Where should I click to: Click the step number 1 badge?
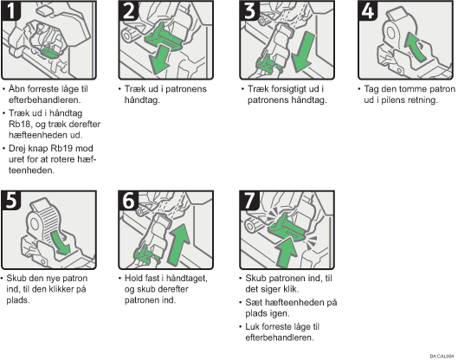[x=10, y=10]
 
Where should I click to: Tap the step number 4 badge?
[x=368, y=10]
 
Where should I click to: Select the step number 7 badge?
[x=249, y=201]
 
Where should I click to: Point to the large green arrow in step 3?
[x=304, y=53]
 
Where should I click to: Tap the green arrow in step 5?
[x=61, y=243]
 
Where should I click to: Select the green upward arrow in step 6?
[x=179, y=244]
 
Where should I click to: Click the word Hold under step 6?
[x=133, y=278]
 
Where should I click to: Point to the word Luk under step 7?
[x=252, y=326]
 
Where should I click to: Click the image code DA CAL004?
[x=442, y=357]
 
